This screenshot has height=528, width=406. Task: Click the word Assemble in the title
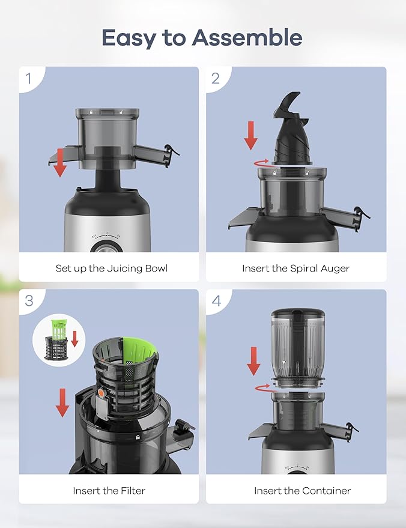247,37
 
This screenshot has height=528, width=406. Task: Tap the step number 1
29,78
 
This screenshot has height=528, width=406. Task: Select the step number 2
216,78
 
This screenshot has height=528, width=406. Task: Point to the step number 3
29,301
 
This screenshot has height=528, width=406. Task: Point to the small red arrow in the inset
75,338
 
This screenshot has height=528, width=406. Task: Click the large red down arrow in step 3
62,402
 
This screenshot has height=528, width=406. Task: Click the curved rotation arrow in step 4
264,387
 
